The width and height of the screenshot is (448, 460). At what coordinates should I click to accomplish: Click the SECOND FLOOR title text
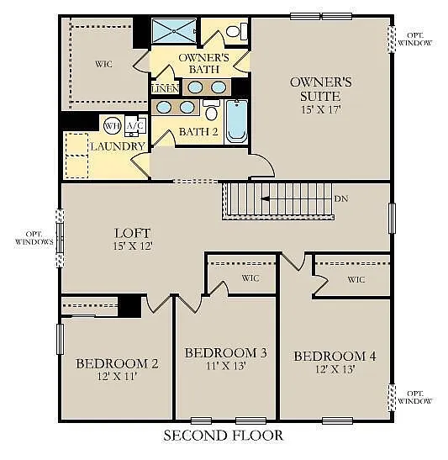(223, 436)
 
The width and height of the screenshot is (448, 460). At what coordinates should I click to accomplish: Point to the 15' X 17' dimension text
(320, 109)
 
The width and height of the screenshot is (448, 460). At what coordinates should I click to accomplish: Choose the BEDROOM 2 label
(117, 363)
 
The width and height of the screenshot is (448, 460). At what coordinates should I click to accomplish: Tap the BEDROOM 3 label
(225, 352)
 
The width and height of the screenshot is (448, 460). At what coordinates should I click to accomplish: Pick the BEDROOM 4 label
(335, 357)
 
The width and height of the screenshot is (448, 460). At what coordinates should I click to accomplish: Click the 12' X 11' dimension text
(117, 377)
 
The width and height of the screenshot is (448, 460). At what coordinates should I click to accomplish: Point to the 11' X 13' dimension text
(225, 366)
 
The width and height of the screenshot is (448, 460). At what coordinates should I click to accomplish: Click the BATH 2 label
(198, 132)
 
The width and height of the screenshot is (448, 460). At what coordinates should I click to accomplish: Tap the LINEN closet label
(165, 88)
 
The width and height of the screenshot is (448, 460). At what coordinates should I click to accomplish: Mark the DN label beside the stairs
(340, 199)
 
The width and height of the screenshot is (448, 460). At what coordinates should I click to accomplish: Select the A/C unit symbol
(134, 126)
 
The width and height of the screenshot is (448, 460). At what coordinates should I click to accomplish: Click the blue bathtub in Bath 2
(236, 122)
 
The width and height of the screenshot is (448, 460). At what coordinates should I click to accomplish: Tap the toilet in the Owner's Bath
(236, 31)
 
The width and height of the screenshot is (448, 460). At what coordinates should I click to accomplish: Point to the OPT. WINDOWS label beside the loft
(34, 238)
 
